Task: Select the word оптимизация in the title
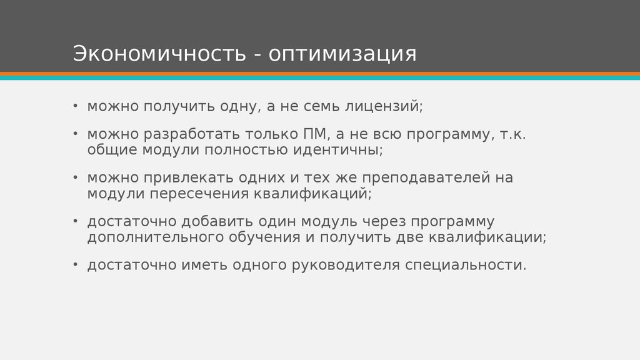coord(343,54)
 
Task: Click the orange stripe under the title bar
coord(320,74)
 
